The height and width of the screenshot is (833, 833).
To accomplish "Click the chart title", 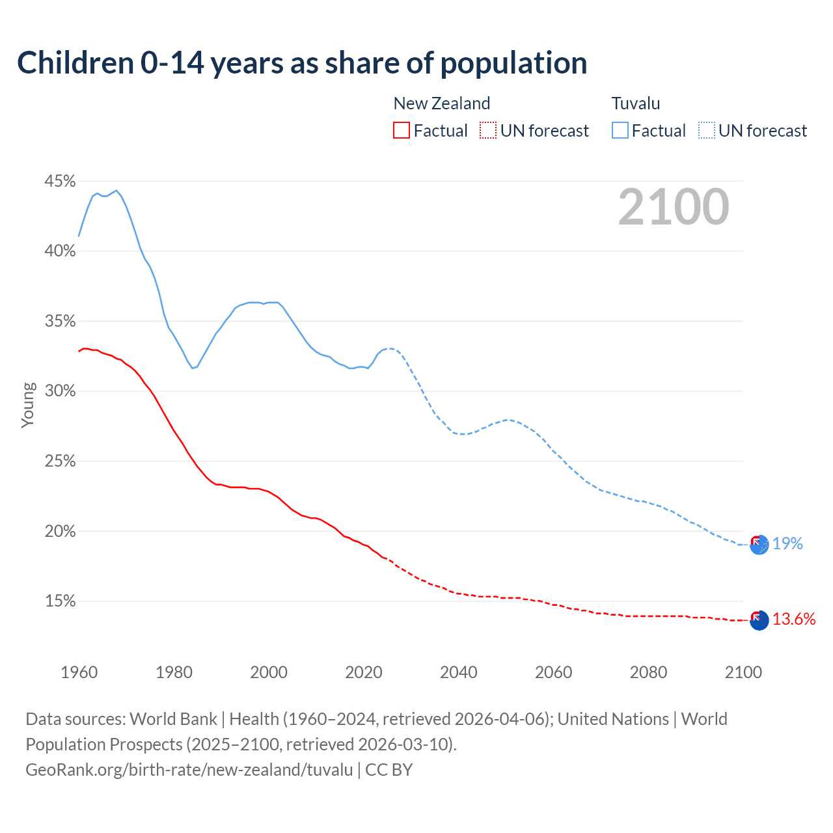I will tap(302, 63).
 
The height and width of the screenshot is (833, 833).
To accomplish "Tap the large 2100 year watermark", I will tap(674, 207).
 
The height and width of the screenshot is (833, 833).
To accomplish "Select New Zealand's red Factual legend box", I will tap(402, 131).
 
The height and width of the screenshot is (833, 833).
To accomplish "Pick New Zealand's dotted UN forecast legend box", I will tap(488, 131).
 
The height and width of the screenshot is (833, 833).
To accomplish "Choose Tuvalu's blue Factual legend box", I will tap(620, 131).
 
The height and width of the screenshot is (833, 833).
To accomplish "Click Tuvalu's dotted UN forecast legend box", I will tap(707, 131).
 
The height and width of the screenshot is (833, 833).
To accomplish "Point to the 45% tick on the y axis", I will tap(60, 181).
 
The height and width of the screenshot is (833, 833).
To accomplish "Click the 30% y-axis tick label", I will tap(60, 391).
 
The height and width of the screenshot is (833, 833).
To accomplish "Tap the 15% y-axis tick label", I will tap(60, 601).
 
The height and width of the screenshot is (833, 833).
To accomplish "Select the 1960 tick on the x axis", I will tap(79, 672).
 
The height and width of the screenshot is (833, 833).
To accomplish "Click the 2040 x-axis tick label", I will tap(459, 672).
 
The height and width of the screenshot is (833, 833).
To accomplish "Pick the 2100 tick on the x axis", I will tap(743, 672).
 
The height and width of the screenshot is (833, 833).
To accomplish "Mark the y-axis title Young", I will tap(27, 405).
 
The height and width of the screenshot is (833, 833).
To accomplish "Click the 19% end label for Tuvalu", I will tap(787, 543).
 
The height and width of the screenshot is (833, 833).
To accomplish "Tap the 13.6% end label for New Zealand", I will tap(794, 619).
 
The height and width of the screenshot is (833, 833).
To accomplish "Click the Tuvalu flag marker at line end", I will tap(759, 544).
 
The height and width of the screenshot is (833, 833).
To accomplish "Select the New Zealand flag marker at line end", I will tap(759, 620).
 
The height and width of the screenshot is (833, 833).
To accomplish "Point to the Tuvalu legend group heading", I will tap(636, 103).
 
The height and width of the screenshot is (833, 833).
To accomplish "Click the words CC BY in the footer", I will tap(389, 770).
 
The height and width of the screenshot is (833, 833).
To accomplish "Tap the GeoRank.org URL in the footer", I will tap(189, 770).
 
